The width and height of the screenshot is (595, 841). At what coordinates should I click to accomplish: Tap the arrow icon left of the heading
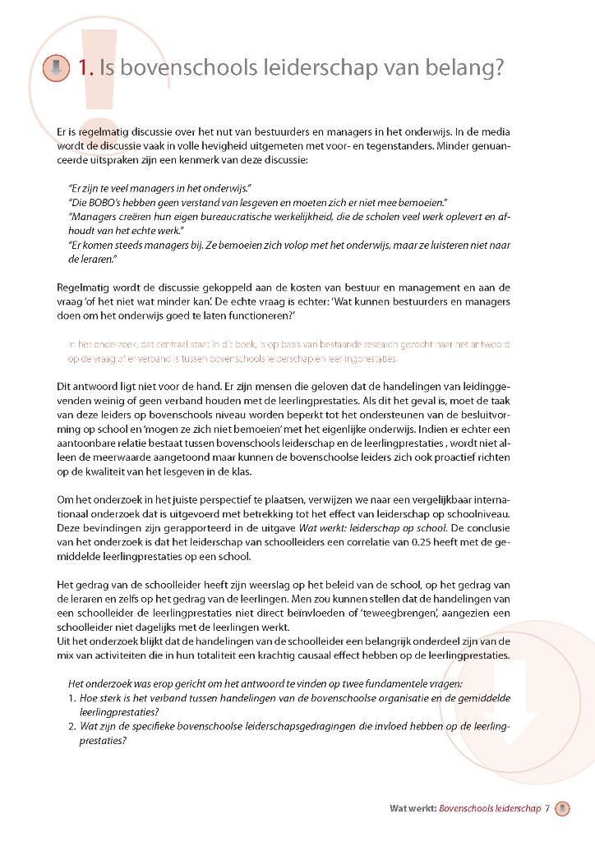coord(56,68)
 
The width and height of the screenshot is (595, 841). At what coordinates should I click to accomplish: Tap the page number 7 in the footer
coord(547,808)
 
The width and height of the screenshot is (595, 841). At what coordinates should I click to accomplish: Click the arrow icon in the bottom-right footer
coord(562,808)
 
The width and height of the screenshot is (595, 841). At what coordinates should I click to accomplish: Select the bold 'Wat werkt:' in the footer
coord(413,808)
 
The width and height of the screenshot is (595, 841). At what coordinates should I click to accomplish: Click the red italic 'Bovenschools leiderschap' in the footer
coord(490,808)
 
